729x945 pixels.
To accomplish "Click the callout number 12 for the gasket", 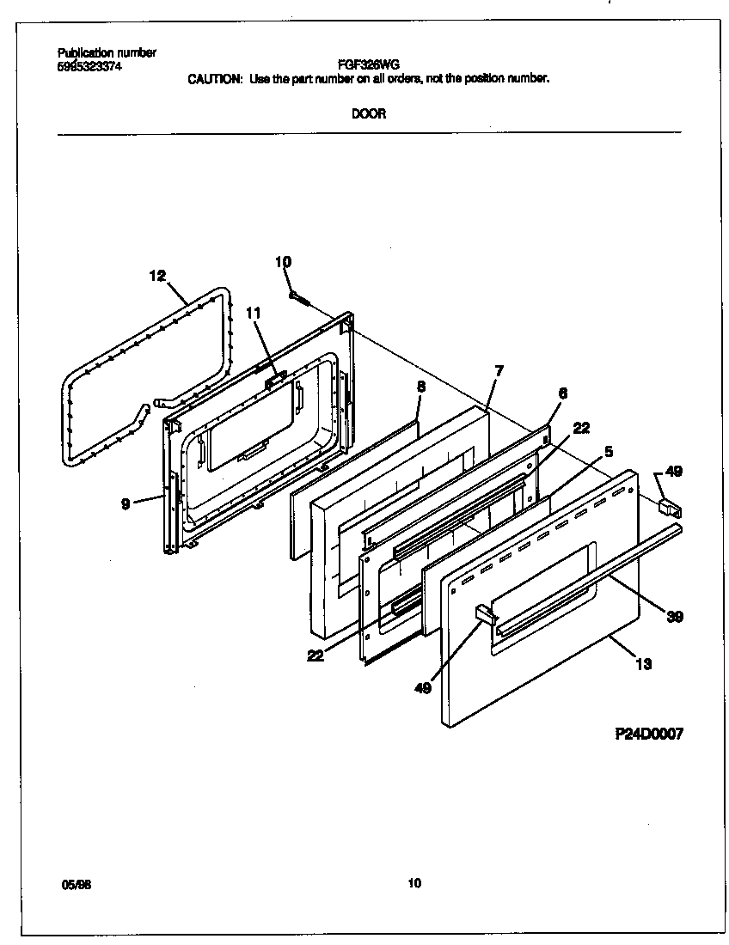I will click(x=156, y=276).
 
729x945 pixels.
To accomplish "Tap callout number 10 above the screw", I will click(x=283, y=262).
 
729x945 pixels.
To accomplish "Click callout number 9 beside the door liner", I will click(x=126, y=504).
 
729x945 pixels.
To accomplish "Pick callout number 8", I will click(x=420, y=387).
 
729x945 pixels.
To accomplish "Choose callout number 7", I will click(x=499, y=370).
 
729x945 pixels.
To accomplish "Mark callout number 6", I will click(x=562, y=393).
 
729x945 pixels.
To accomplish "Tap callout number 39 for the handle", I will click(x=673, y=616).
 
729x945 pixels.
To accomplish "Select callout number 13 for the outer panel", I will click(x=642, y=663).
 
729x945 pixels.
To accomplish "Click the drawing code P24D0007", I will click(x=649, y=734).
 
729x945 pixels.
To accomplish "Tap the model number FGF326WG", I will click(x=369, y=64).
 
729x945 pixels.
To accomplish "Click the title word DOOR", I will click(x=368, y=114).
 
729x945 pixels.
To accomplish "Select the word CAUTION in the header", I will click(x=214, y=78).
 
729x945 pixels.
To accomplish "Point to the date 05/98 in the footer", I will click(x=77, y=883).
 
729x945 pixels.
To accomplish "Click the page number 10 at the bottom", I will click(x=414, y=882).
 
